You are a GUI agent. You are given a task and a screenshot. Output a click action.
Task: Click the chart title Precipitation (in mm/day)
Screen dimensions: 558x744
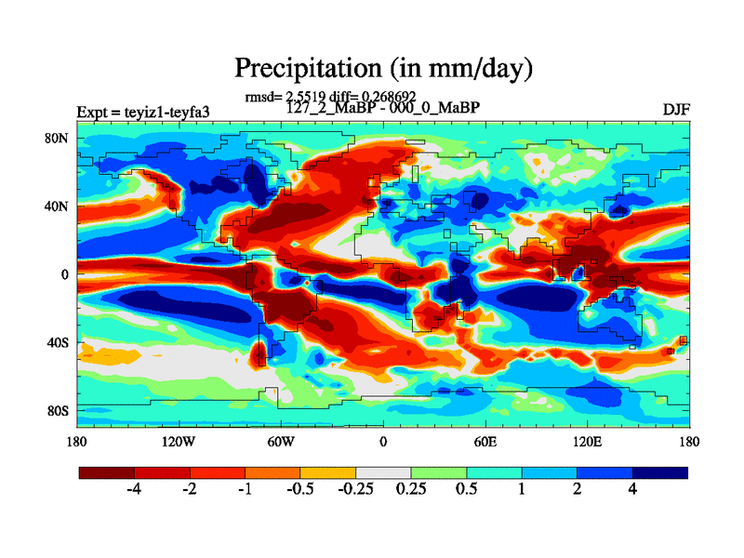pos(382,68)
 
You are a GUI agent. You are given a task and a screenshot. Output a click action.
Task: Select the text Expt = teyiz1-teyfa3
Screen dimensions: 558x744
pos(142,113)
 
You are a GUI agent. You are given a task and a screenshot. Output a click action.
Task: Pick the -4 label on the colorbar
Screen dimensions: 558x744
pos(133,489)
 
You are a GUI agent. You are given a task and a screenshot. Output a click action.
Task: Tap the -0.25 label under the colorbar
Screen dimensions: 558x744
pos(354,489)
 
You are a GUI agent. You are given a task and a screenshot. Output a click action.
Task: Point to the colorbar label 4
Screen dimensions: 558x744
pos(632,489)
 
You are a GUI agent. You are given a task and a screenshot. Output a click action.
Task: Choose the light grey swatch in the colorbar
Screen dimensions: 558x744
pos(383,473)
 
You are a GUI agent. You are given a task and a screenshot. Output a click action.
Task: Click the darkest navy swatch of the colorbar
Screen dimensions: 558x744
pos(660,473)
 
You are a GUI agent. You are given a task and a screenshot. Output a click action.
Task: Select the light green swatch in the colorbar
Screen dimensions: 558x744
pos(438,473)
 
